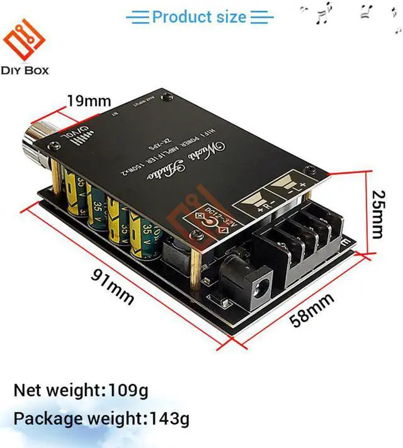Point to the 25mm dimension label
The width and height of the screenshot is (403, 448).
click(x=377, y=215)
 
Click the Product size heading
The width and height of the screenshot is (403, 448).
click(x=199, y=17)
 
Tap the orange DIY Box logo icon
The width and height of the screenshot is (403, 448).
click(x=25, y=37)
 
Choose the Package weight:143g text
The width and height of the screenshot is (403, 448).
click(x=101, y=418)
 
